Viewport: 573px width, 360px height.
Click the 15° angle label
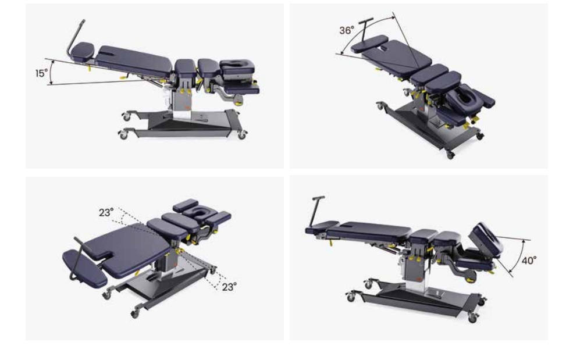click(41, 73)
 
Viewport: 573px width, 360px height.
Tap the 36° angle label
click(347, 30)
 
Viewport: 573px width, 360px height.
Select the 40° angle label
click(529, 261)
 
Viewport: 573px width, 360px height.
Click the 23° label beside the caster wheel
click(229, 287)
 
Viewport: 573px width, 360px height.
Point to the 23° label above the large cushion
click(106, 212)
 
